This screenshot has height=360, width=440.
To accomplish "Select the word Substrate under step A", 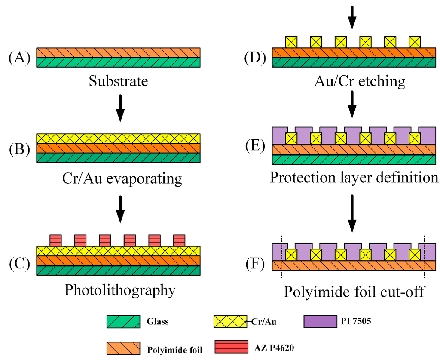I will pyautogui.click(x=118, y=81).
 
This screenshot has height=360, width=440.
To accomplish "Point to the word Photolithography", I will pyautogui.click(x=120, y=290).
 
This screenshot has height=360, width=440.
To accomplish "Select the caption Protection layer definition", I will pyautogui.click(x=354, y=177).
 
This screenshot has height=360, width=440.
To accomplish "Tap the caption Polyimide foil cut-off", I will pyautogui.click(x=354, y=292).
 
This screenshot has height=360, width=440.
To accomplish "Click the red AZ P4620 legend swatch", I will pyautogui.click(x=230, y=347).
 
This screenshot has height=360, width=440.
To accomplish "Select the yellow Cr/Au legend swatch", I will pyautogui.click(x=230, y=321).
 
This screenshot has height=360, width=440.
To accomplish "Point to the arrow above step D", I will pyautogui.click(x=352, y=17).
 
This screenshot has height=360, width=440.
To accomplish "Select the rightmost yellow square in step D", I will pyautogui.click(x=415, y=42).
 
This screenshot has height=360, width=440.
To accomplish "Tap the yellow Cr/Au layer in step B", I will pyautogui.click(x=118, y=138).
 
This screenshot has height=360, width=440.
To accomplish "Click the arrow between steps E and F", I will pyautogui.click(x=352, y=214).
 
